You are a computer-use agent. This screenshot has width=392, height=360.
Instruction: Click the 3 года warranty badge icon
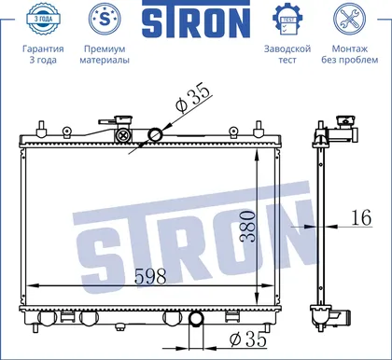point(43,19)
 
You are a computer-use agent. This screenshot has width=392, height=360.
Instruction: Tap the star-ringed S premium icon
point(105,20)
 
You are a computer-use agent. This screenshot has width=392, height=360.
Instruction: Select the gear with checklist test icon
point(287,20)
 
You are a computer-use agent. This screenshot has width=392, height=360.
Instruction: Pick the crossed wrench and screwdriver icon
point(349,20)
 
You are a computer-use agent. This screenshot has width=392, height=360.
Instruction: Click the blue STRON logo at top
point(196,19)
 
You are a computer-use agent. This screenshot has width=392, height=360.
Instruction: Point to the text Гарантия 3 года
point(43,54)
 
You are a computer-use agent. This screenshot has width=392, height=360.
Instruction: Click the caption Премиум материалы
point(105,54)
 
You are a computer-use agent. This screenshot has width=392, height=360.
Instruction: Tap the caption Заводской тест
point(287,54)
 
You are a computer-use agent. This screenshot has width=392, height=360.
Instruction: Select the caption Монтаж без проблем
point(350,54)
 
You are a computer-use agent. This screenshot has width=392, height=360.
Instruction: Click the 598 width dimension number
point(150,276)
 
